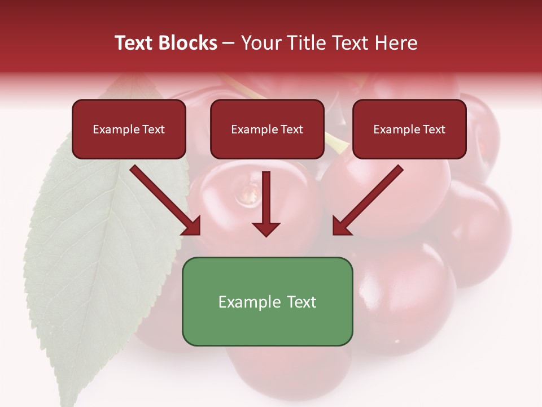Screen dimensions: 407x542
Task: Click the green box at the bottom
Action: (267, 328)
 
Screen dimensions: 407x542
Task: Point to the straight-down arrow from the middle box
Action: (266, 195)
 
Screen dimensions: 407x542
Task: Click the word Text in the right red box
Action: (434, 129)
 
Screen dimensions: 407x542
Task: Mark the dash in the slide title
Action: (229, 43)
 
